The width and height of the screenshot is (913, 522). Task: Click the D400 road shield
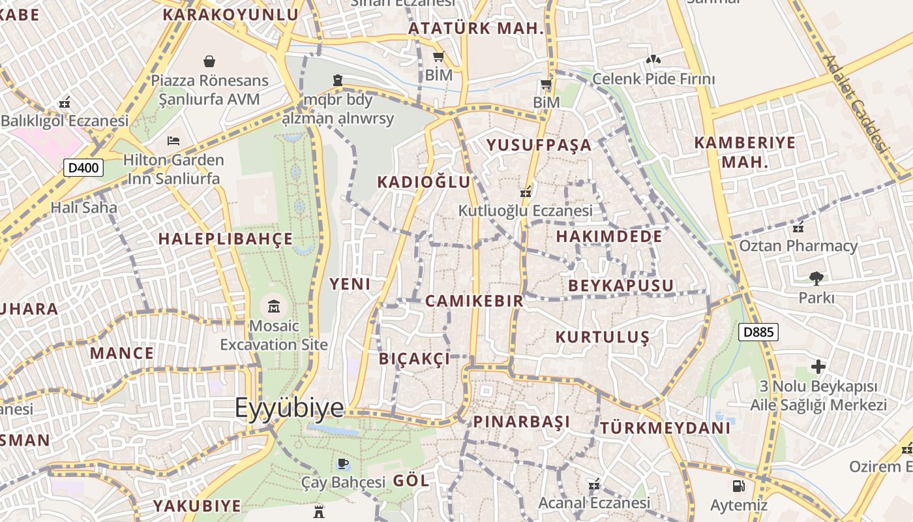point(83,168)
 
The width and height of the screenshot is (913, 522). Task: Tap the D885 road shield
point(759,332)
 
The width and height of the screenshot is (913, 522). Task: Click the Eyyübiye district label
point(289,407)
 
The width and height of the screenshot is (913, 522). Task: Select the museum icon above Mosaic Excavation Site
point(273,305)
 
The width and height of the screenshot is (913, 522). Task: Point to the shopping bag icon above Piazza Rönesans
point(209,61)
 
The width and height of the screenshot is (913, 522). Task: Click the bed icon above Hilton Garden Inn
point(173,140)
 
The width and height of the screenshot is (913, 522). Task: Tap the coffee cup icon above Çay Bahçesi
point(343,464)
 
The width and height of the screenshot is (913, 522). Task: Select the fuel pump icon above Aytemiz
point(738,486)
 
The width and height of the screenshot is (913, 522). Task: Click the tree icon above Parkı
point(816,279)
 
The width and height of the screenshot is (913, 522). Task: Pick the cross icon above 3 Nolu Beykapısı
point(818,367)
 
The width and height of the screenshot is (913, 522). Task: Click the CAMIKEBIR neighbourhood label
point(474,301)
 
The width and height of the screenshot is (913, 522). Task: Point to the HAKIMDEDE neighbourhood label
point(609,236)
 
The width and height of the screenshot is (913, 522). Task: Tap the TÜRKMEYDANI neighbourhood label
point(665,428)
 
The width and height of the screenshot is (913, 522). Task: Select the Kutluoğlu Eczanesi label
point(525,211)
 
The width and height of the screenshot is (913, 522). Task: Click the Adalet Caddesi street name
point(856,103)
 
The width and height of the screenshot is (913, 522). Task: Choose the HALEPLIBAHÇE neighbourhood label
point(226,239)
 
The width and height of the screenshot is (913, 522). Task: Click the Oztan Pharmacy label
point(798,246)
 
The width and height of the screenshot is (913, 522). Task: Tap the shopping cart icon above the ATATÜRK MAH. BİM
point(439,57)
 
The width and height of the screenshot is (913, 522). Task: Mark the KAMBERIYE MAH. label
point(745,151)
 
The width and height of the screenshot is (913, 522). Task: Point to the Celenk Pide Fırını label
point(653,79)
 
